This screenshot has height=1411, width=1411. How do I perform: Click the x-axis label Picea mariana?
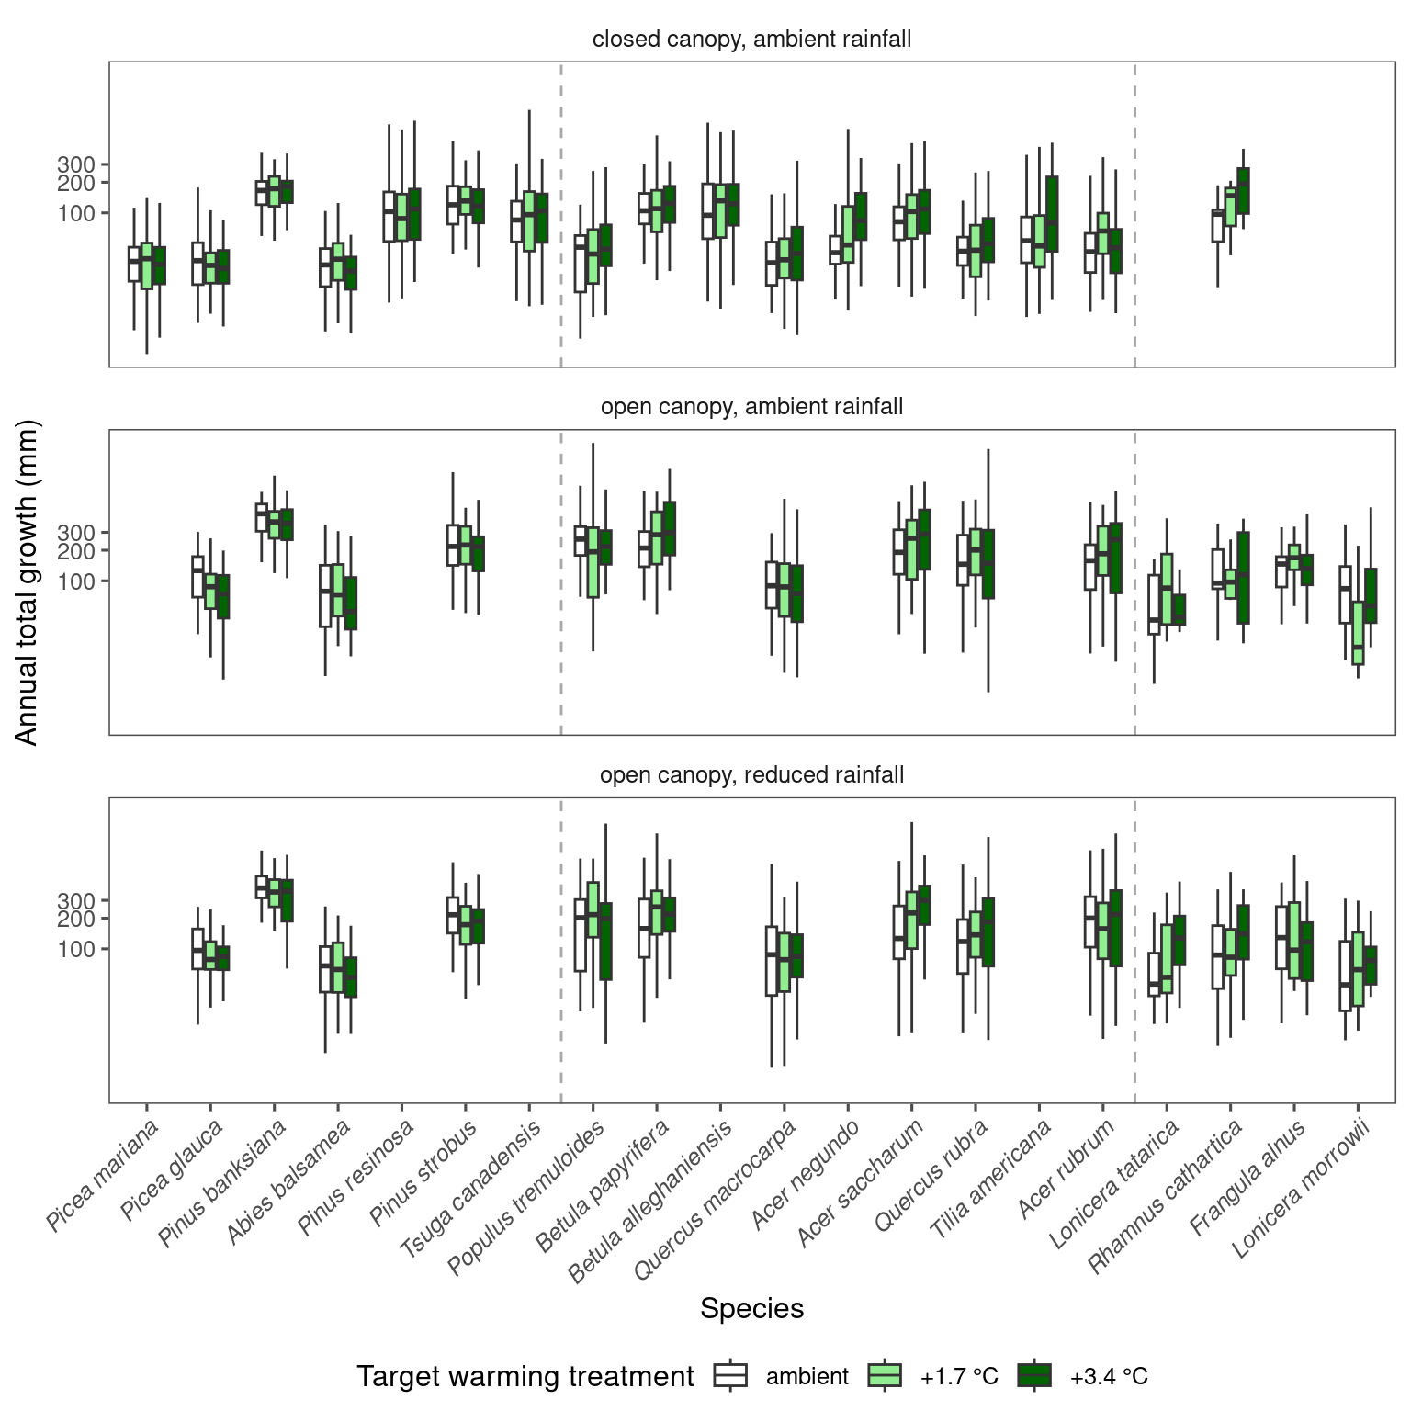(x=103, y=1175)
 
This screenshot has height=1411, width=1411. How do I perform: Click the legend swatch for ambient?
(x=731, y=1375)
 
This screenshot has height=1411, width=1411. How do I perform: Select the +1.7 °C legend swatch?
(x=884, y=1375)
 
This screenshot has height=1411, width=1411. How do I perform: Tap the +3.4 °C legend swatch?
(x=1034, y=1375)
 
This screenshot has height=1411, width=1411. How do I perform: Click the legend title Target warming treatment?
(x=525, y=1376)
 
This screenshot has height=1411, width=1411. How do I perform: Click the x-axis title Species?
(x=751, y=1308)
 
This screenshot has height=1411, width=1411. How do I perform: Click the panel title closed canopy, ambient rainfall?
(x=751, y=40)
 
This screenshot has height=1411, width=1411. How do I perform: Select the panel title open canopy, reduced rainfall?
(x=751, y=775)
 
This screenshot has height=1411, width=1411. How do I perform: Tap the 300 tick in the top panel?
(x=76, y=164)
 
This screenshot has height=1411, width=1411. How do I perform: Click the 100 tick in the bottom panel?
(x=76, y=949)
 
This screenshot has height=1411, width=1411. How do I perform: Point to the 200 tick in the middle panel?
(x=76, y=551)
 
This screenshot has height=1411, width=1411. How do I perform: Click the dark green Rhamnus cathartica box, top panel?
(x=1243, y=191)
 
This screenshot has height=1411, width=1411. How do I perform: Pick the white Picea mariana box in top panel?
(x=134, y=264)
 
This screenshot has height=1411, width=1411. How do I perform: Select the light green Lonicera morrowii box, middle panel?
(x=1358, y=633)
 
